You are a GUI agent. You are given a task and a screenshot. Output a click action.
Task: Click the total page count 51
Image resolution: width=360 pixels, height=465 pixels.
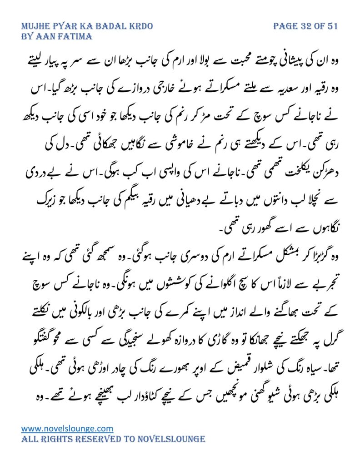(332, 26)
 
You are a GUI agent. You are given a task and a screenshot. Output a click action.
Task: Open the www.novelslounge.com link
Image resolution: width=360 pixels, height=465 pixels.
(67, 428)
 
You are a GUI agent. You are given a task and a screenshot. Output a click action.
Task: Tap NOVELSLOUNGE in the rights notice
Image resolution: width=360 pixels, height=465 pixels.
(174, 439)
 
